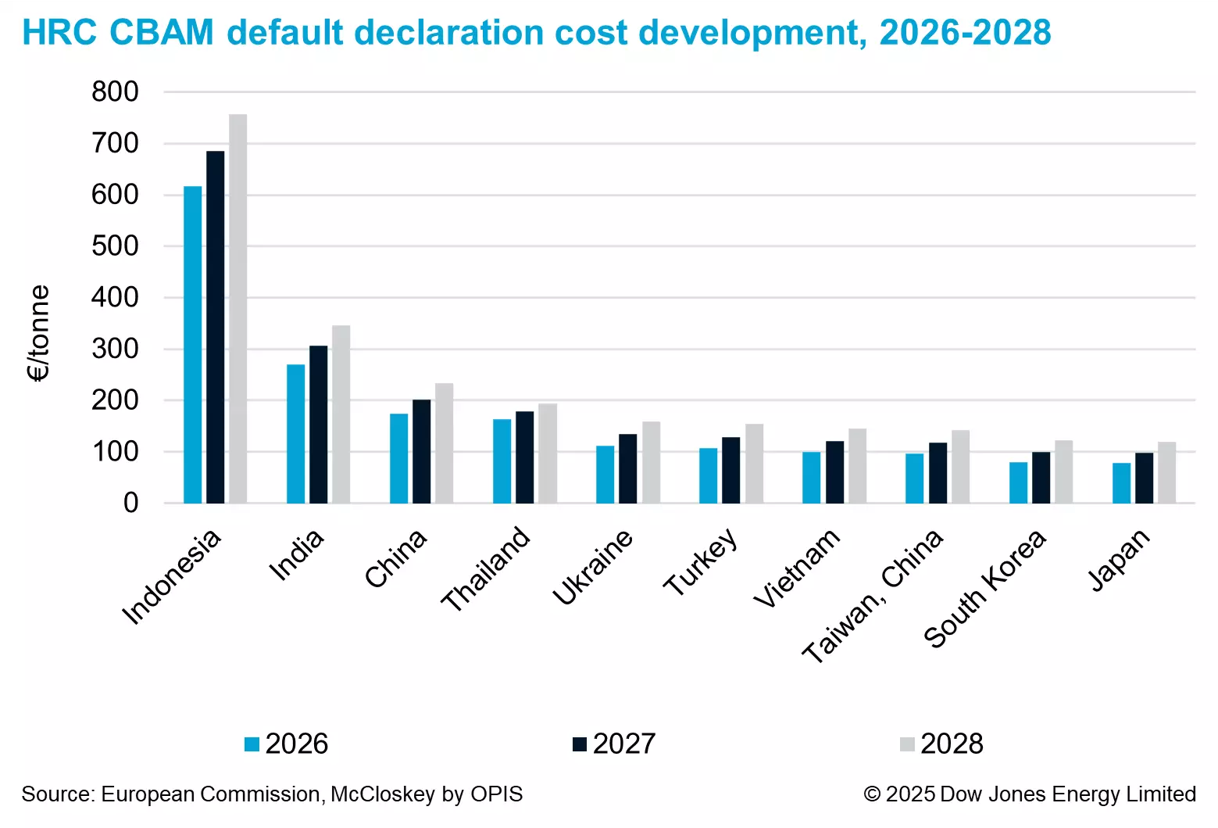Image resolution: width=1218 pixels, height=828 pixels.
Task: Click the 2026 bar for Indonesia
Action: click(192, 344)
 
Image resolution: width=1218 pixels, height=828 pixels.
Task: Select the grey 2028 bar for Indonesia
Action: click(238, 309)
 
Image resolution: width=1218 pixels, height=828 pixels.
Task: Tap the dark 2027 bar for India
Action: click(318, 424)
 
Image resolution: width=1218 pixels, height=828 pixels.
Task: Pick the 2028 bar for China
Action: click(444, 443)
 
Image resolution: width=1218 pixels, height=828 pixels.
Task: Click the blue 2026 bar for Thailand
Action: click(502, 461)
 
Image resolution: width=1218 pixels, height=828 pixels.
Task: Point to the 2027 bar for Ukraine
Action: click(627, 468)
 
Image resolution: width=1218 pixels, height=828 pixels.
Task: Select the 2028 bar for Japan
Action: click(1166, 472)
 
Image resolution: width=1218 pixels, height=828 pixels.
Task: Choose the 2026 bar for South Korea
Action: click(1018, 482)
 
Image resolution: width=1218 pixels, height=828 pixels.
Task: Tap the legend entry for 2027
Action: click(614, 744)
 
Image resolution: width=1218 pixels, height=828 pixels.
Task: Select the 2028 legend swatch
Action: click(907, 744)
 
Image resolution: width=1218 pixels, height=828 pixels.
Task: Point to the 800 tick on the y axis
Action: click(115, 92)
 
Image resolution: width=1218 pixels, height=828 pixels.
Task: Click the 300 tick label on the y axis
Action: click(115, 349)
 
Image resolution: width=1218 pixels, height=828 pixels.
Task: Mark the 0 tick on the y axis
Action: click(130, 503)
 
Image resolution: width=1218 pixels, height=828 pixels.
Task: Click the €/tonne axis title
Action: click(38, 333)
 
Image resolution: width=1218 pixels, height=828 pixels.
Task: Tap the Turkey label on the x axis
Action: click(700, 562)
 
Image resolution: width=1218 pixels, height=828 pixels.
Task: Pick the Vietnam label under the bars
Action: click(797, 568)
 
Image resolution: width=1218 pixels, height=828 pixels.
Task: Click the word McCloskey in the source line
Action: click(383, 794)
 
